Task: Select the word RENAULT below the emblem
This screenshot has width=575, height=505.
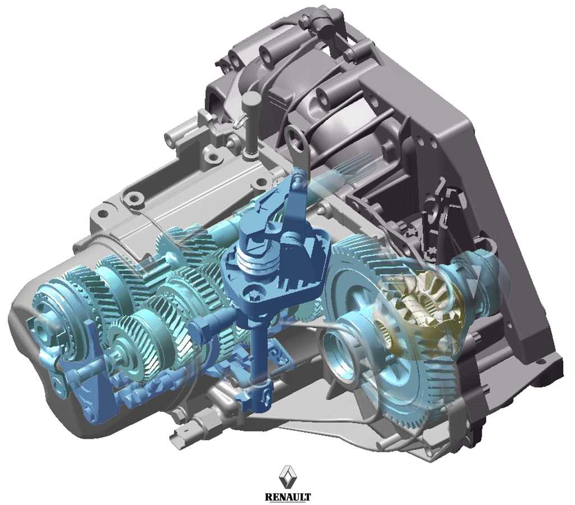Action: click(x=288, y=497)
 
